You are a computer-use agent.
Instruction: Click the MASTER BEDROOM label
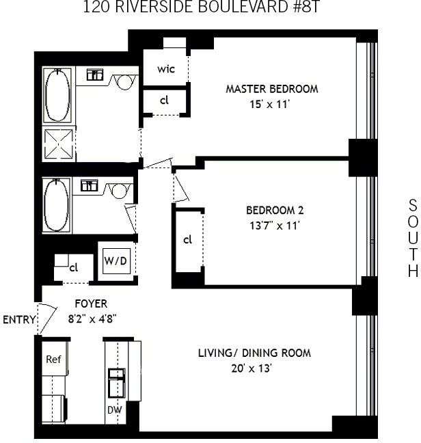tap(272, 89)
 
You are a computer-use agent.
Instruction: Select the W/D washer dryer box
tap(113, 261)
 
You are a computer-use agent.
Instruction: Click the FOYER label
tap(90, 304)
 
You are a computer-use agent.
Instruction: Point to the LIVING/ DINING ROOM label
tap(254, 353)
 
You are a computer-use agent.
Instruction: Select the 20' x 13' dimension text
tap(254, 368)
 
